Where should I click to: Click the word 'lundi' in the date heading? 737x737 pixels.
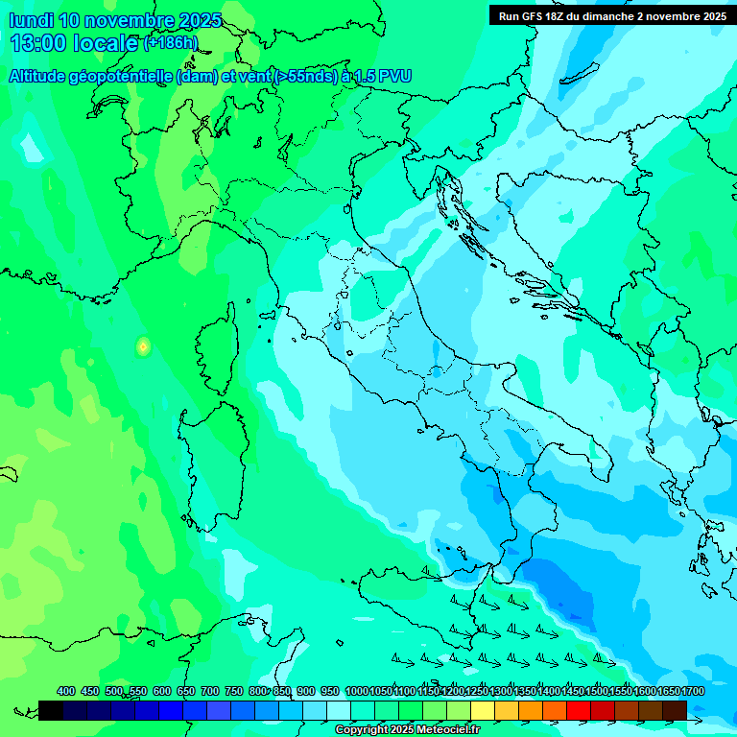point(31,20)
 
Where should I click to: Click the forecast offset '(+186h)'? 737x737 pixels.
point(171,43)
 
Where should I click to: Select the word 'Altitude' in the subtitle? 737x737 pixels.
point(44,77)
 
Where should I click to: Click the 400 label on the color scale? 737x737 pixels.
point(66,691)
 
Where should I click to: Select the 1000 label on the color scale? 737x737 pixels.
point(356,691)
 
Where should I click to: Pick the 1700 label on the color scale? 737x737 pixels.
point(693,691)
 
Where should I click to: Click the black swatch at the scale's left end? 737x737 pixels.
point(51,710)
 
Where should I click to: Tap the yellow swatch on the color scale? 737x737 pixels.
point(483,710)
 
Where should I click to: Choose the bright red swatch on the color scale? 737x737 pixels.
point(579,710)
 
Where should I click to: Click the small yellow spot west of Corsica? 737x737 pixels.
point(143,346)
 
